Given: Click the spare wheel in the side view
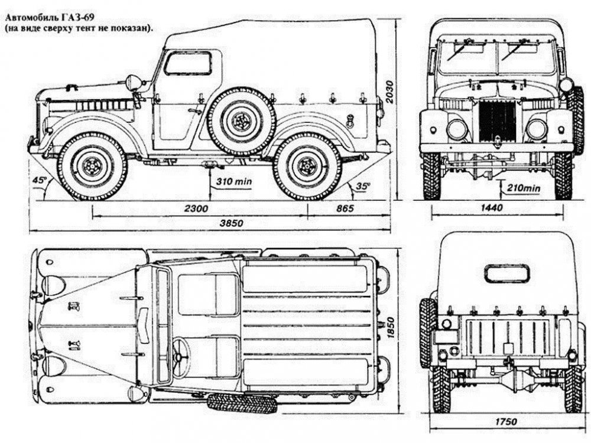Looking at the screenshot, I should click(242, 121).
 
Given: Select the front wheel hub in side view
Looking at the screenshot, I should click(92, 167).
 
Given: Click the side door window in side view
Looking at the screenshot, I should click(187, 63).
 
